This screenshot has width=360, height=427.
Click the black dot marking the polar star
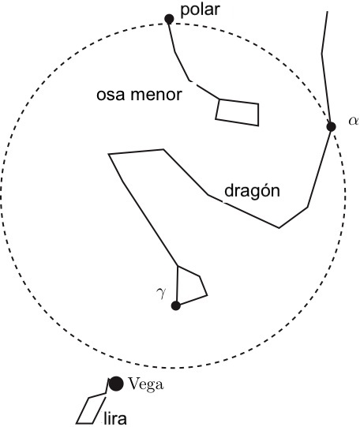169,19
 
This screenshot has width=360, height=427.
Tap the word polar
201,10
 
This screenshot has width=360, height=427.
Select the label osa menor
139,95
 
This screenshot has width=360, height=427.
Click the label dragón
252,191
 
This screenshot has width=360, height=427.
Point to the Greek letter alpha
354,122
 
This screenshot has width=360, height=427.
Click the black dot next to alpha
331,126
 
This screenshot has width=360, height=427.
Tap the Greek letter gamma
161,293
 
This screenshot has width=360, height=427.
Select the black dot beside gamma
176,305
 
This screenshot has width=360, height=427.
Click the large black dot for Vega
116,384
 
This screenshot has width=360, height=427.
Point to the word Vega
146,385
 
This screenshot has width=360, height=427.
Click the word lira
115,418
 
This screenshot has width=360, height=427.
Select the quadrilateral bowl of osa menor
258,114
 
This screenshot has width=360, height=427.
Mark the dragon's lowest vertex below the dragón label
279,227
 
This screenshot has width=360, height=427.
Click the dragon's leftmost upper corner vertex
109,154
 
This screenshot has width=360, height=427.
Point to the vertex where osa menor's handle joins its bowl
219,99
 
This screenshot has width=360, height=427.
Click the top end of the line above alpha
327,12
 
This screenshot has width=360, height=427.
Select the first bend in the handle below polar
174,51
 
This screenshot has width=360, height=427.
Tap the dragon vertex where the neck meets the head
178,265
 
